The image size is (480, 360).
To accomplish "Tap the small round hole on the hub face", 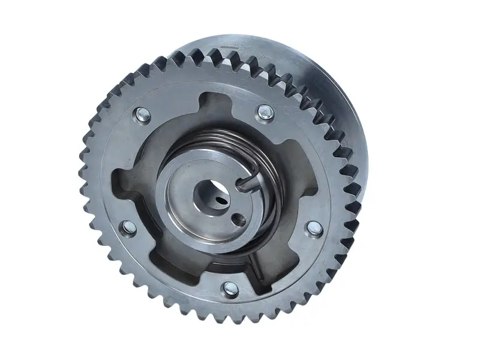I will [x=239, y=218].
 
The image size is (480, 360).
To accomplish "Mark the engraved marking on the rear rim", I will [x=229, y=46].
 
